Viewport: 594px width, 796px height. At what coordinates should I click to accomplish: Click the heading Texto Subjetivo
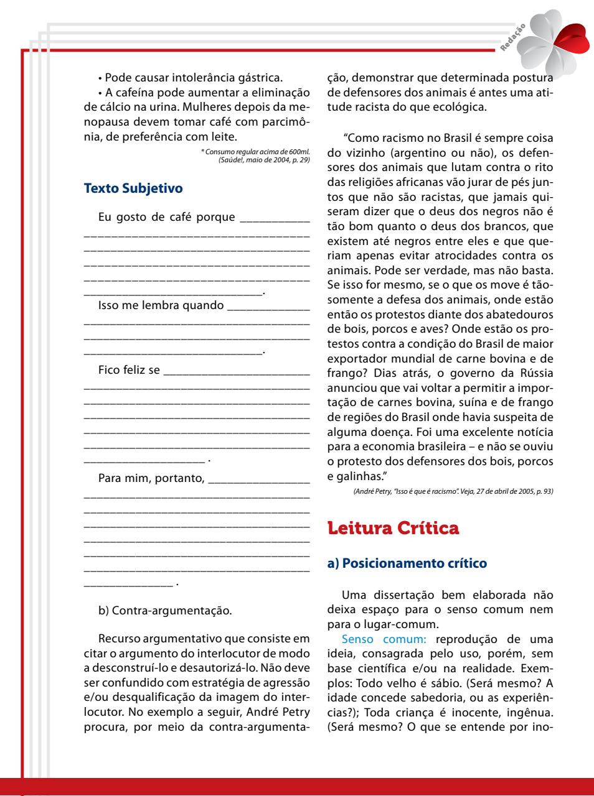click(133, 187)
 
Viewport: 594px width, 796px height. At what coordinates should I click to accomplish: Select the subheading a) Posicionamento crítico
click(407, 563)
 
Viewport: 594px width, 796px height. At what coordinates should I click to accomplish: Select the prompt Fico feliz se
click(129, 371)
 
